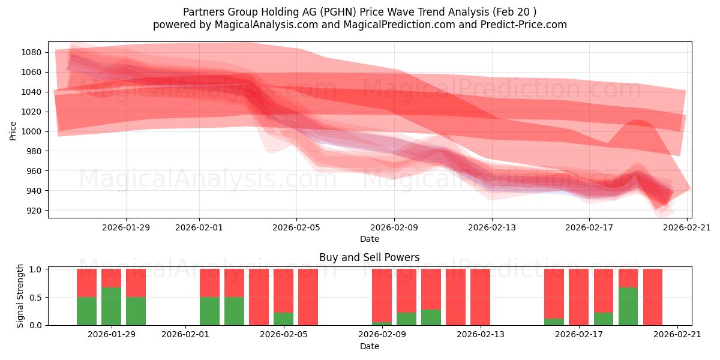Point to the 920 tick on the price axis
(x=34, y=211)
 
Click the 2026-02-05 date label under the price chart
(x=296, y=227)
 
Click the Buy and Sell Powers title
(x=369, y=257)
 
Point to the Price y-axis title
(x=13, y=130)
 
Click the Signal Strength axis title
(x=20, y=295)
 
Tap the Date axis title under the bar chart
(x=369, y=346)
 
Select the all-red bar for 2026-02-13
(x=480, y=297)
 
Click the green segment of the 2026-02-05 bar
(x=283, y=319)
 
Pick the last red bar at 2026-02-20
(x=652, y=297)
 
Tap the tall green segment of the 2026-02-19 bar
(x=628, y=306)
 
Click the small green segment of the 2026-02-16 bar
(x=554, y=322)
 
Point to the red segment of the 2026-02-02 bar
(x=209, y=283)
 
